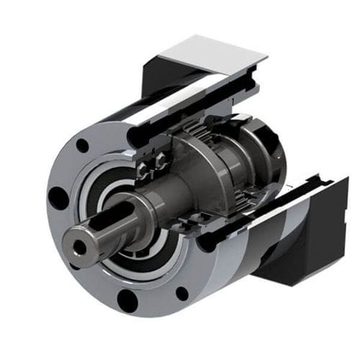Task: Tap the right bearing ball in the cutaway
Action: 160,165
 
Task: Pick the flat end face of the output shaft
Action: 76,245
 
